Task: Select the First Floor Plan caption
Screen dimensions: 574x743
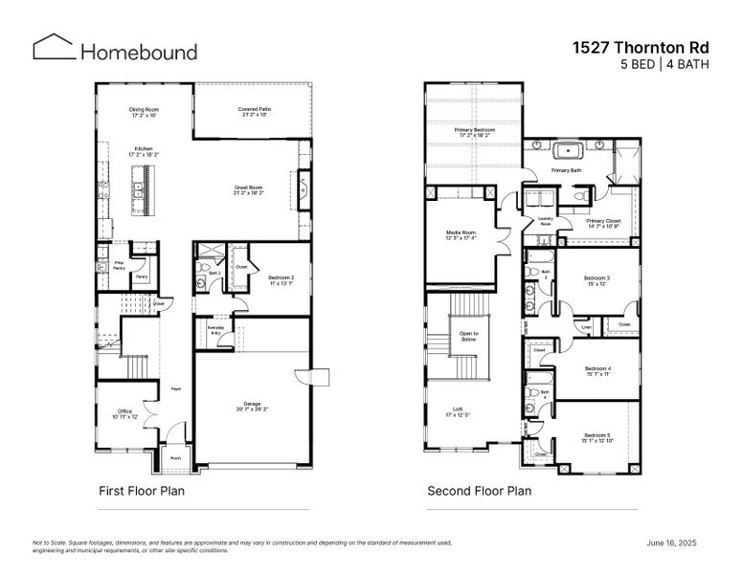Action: tap(142, 491)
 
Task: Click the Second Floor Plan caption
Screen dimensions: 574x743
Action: tap(479, 491)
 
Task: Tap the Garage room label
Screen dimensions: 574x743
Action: tap(252, 406)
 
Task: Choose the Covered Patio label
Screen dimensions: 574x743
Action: tap(254, 112)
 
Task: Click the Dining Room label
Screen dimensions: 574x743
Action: tap(144, 112)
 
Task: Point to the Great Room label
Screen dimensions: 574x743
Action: tap(249, 189)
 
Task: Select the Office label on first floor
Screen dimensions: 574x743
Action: tap(124, 413)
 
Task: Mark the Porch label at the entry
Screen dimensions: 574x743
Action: tap(176, 457)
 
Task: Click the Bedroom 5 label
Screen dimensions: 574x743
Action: tap(597, 437)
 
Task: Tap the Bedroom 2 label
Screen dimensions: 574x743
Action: tap(281, 279)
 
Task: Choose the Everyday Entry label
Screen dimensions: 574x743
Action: tap(215, 331)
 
